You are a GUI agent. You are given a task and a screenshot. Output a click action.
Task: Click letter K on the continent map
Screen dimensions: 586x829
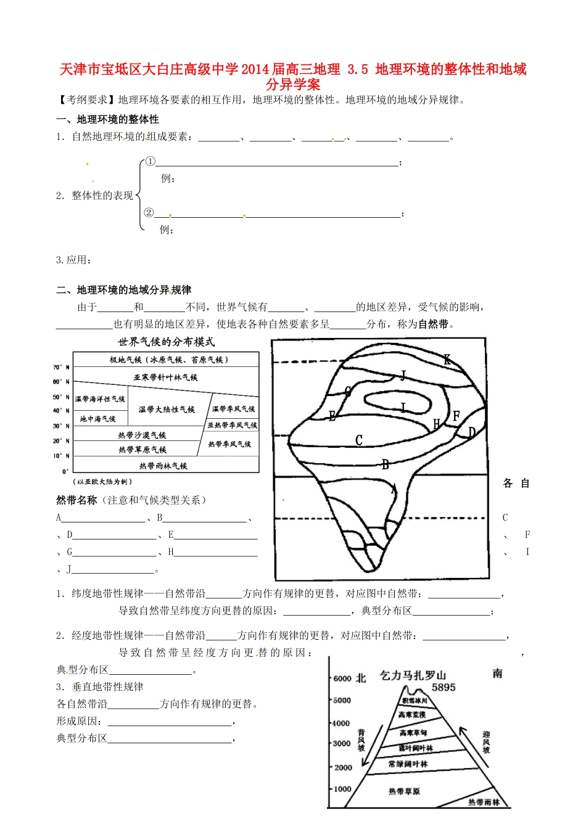tap(447, 360)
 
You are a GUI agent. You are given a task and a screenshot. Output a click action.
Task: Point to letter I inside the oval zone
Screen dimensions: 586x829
tap(403, 408)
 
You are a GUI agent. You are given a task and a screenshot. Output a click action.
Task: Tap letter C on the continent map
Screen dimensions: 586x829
tap(359, 440)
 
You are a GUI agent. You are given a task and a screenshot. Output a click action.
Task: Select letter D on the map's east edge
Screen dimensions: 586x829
tap(472, 432)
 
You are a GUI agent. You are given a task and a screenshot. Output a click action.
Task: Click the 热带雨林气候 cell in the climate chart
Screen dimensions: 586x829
tap(163, 466)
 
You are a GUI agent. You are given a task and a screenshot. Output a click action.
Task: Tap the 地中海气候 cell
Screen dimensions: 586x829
tap(98, 419)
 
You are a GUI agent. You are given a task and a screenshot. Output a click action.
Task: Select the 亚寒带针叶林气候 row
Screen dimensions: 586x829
tap(166, 377)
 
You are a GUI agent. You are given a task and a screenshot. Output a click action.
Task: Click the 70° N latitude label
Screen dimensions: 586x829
tap(61, 367)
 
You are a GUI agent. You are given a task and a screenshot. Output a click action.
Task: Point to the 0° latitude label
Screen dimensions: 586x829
tap(65, 472)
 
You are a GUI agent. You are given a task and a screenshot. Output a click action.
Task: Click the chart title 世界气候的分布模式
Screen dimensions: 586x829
tap(166, 342)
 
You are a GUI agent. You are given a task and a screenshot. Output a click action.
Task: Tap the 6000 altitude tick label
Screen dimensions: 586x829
tap(342, 678)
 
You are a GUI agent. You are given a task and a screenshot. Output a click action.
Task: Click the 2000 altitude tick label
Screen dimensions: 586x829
tap(342, 767)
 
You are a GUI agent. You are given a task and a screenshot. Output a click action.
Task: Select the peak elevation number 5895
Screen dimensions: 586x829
tap(444, 687)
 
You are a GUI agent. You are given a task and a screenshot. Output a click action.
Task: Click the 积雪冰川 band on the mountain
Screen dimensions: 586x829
tap(415, 701)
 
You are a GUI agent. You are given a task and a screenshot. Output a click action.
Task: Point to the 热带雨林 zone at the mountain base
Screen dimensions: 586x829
tap(484, 802)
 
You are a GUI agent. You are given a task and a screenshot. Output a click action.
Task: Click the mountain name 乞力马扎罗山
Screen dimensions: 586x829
tap(413, 675)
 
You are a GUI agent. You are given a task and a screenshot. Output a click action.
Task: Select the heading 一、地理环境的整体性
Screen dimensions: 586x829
tap(107, 119)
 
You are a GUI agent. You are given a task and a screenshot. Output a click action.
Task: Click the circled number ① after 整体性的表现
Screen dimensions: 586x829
tap(149, 162)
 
